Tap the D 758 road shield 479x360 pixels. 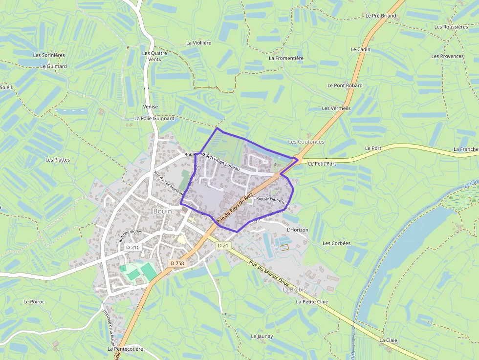pos(178,263)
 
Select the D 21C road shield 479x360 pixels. pos(133,247)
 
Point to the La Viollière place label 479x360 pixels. pos(199,43)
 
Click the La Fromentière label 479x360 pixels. pos(286,58)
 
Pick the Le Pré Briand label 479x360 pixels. pos(381,16)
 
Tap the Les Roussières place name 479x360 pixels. pos(451,27)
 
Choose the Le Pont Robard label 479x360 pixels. pos(345,85)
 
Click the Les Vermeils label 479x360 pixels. pos(336,108)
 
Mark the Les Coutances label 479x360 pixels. pos(306,142)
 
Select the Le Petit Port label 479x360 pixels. pos(322,164)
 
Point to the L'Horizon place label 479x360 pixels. pos(298,230)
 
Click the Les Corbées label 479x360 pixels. pos(336,243)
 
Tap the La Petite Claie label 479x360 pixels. pos(312,302)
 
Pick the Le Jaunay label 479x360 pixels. pos(261,336)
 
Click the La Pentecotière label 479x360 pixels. pos(125,349)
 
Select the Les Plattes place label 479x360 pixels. pos(58,160)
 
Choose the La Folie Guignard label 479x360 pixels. pos(154,118)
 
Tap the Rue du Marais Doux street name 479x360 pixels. pos(269,274)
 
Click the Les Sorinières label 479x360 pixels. pos(49,55)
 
